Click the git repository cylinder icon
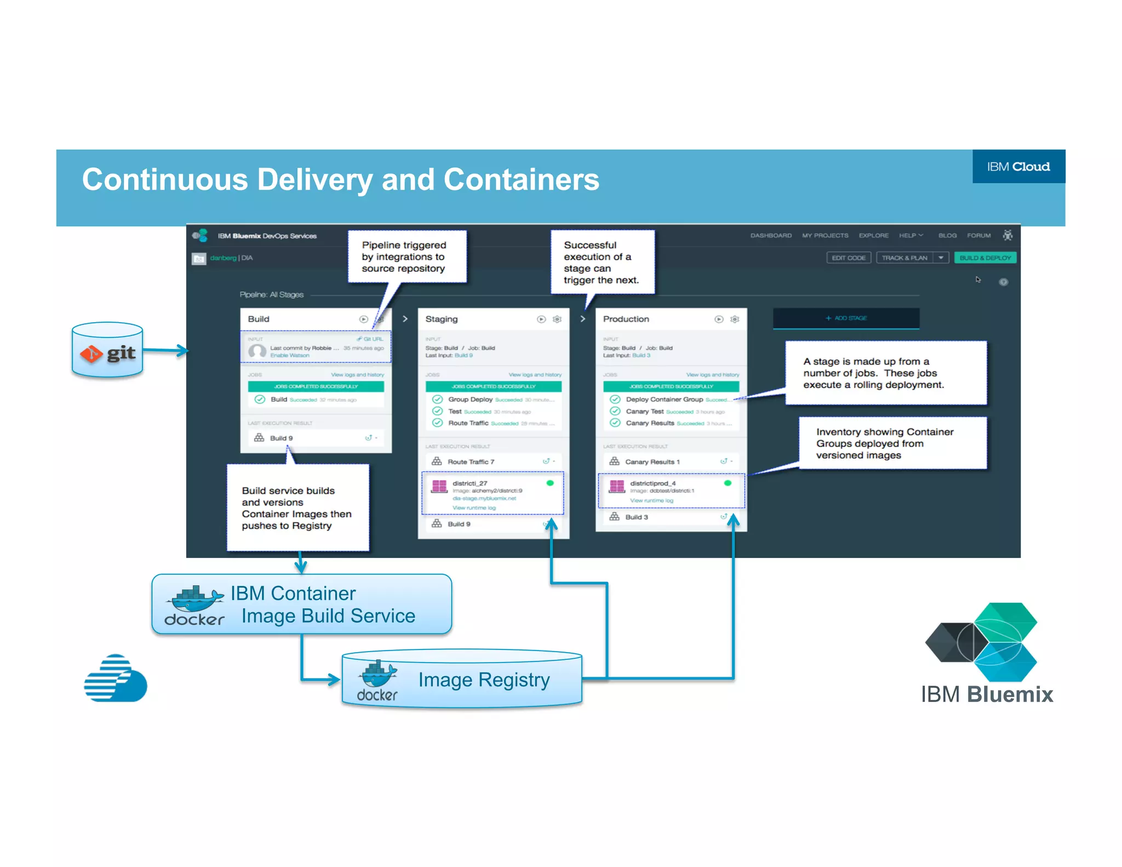(107, 351)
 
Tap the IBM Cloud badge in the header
(1018, 167)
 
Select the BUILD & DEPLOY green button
(985, 258)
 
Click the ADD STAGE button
(846, 318)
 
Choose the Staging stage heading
(442, 319)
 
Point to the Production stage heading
(626, 319)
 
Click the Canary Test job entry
(645, 412)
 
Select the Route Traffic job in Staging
(468, 423)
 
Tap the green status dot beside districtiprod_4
(728, 483)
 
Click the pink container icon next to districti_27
(439, 486)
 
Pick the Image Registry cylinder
(462, 680)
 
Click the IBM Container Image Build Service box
(302, 604)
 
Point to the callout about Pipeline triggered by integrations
(407, 256)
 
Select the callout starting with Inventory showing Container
(892, 443)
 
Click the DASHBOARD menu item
(771, 236)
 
